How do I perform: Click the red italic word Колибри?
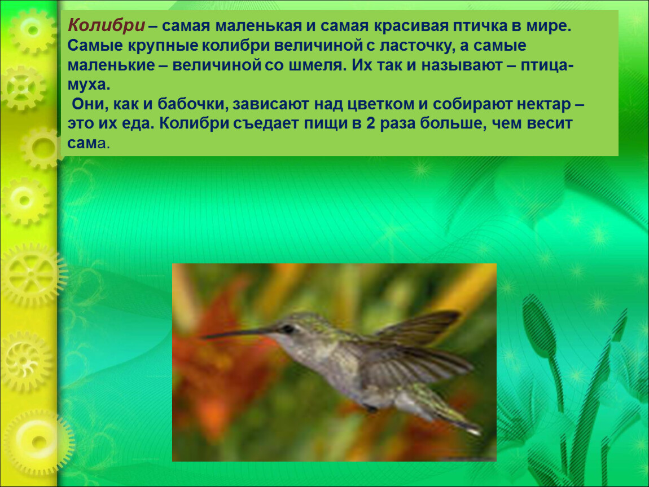click(106, 25)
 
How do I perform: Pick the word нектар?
click(543, 104)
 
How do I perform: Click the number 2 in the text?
click(370, 123)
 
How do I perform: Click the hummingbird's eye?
click(287, 329)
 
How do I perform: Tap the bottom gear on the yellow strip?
click(40, 441)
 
